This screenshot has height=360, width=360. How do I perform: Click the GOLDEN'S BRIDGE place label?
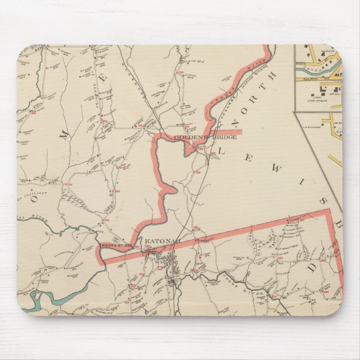pyautogui.click(x=205, y=138)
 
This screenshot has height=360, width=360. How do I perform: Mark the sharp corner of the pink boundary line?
pyautogui.click(x=329, y=211)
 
